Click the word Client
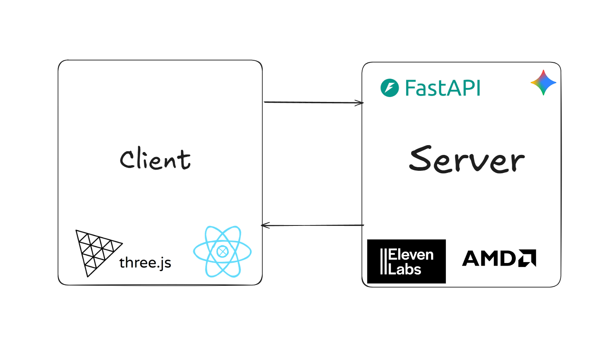click(x=155, y=159)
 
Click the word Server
click(x=467, y=159)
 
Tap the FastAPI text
click(x=443, y=88)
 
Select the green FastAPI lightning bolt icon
click(x=390, y=88)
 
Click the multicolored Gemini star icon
click(x=543, y=82)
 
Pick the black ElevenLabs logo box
click(x=406, y=261)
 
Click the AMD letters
click(x=490, y=258)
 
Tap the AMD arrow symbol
click(x=527, y=258)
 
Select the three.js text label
click(x=145, y=263)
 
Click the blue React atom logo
click(x=222, y=252)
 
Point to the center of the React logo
click(x=222, y=252)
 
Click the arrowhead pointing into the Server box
click(x=360, y=103)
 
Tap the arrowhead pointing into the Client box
click(x=265, y=225)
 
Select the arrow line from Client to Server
click(x=314, y=102)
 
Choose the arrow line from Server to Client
click(x=312, y=225)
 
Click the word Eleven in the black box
click(x=411, y=255)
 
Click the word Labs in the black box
click(x=405, y=269)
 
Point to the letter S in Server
click(x=420, y=159)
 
